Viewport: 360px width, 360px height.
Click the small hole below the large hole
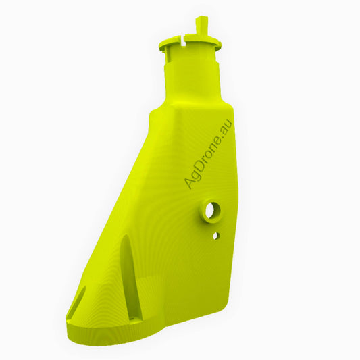(x=216, y=236)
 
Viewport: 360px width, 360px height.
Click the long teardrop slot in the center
(x=128, y=277)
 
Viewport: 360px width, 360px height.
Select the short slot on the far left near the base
(x=78, y=301)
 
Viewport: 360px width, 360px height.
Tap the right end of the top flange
(x=220, y=45)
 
